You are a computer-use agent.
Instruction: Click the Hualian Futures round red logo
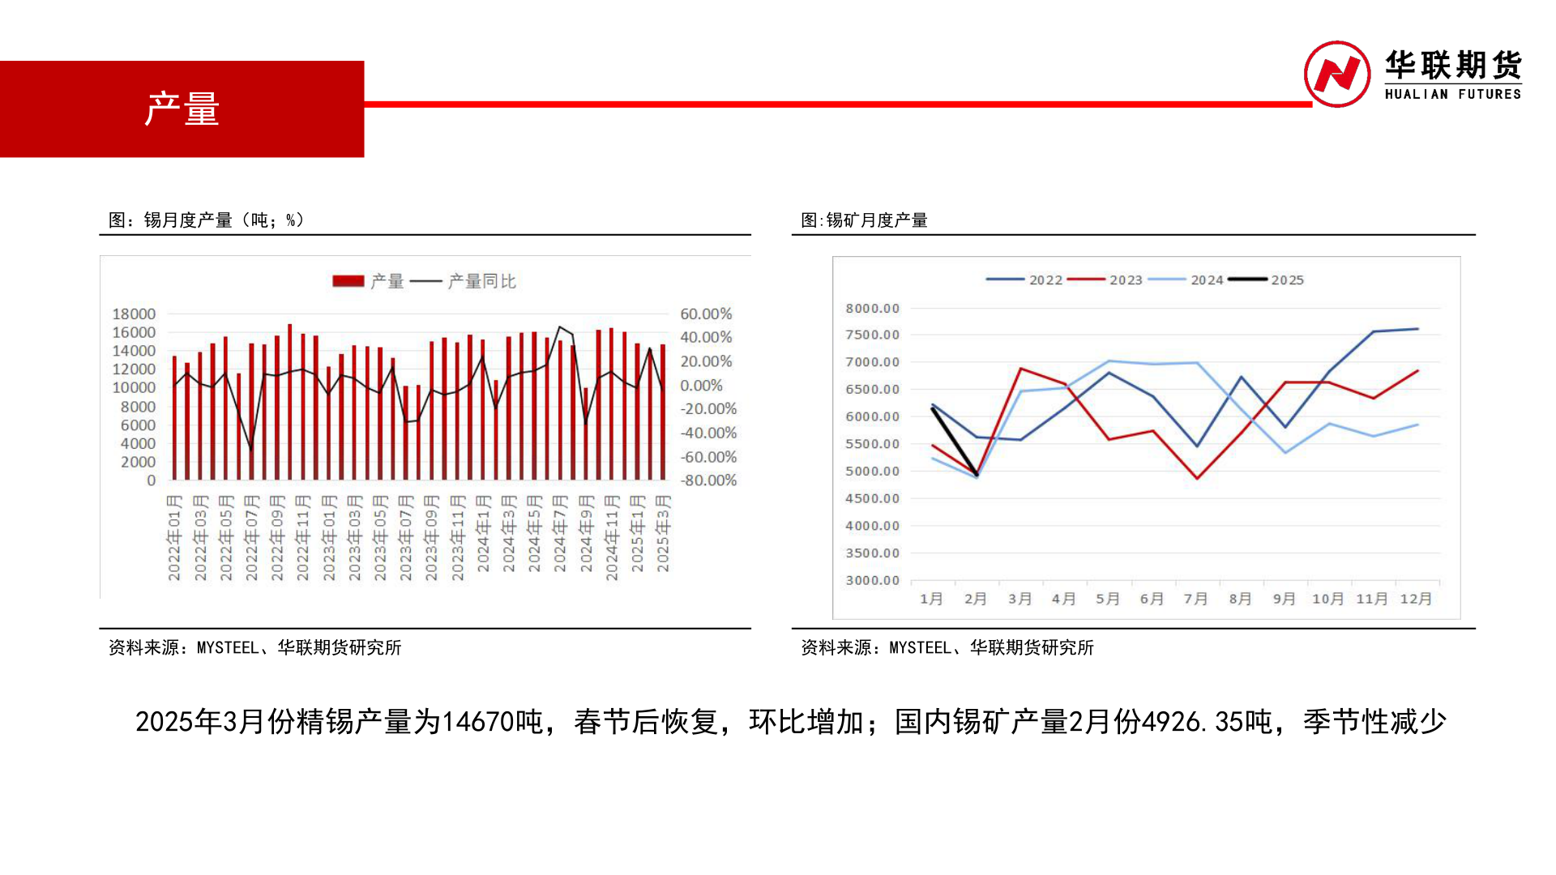1337,74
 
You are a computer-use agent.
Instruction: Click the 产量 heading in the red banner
182,109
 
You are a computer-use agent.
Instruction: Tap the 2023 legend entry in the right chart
1105,280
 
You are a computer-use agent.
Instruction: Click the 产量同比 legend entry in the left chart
463,281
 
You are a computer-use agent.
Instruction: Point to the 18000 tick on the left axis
134,314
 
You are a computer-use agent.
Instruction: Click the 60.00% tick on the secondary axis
706,314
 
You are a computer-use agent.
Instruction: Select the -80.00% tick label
708,480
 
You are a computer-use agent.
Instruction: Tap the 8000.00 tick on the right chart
872,308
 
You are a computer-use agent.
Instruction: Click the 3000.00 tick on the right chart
872,580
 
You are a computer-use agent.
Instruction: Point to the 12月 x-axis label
1416,599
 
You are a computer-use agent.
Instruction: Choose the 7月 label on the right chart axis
1195,599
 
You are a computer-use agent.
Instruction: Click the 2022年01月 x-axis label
174,538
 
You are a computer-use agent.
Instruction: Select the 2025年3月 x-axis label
663,534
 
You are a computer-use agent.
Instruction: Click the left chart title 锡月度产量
188,220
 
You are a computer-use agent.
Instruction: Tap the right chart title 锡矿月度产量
877,220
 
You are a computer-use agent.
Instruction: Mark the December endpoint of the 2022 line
1417,329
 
